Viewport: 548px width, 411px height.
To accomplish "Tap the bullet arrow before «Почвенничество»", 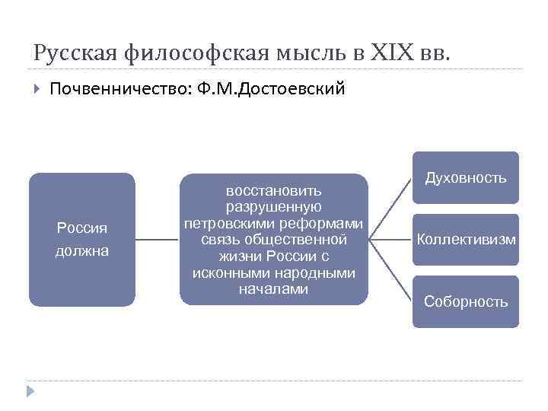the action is pos(37,90).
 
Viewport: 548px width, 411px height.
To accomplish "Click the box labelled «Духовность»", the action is pos(465,178).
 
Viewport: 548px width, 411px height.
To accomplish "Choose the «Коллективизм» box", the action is pos(465,240).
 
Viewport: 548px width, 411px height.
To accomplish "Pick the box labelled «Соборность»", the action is pos(465,301).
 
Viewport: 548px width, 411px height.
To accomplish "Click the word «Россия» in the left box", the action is pos(82,228).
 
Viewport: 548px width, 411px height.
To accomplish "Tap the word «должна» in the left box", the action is pos(82,250).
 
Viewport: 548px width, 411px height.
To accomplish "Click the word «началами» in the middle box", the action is pos(274,289).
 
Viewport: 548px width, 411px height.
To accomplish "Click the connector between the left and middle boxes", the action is pos(158,240).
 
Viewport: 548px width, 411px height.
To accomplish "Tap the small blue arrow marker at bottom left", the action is pos(30,391).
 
